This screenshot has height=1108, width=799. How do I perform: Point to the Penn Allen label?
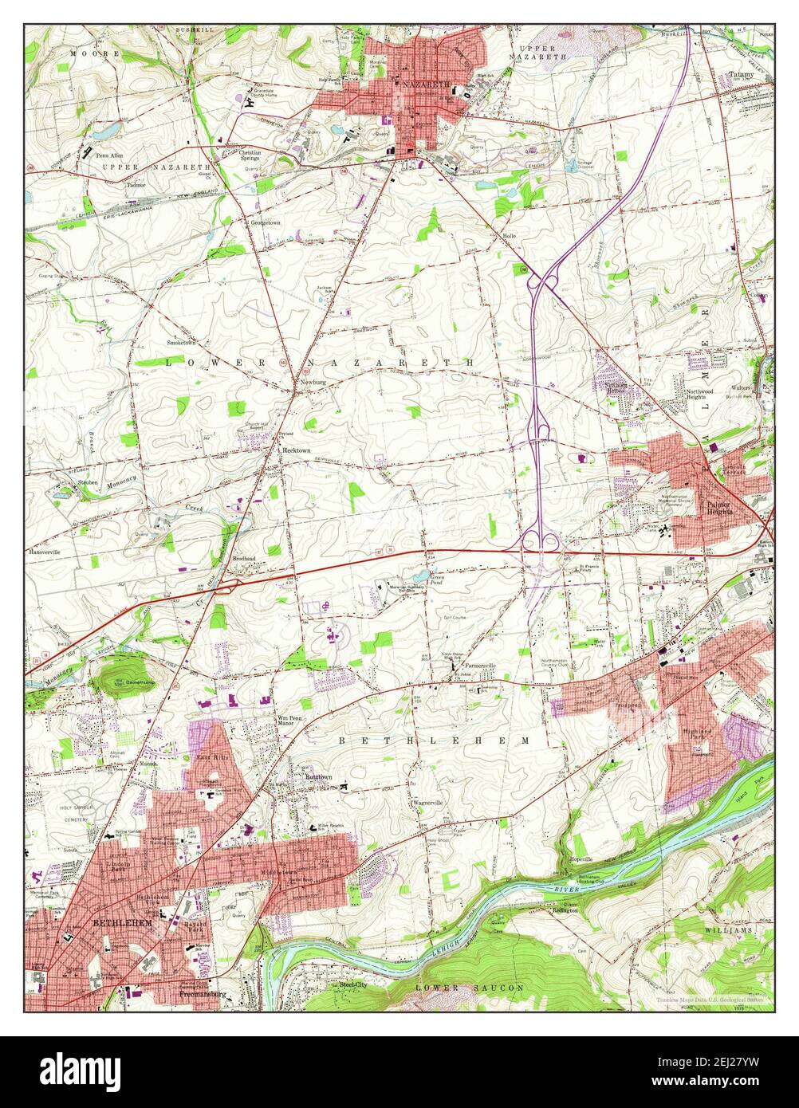point(109,155)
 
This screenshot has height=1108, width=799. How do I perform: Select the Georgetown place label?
point(268,224)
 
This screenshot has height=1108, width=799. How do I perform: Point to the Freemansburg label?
point(202,994)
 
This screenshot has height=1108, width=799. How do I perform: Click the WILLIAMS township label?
point(729,930)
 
